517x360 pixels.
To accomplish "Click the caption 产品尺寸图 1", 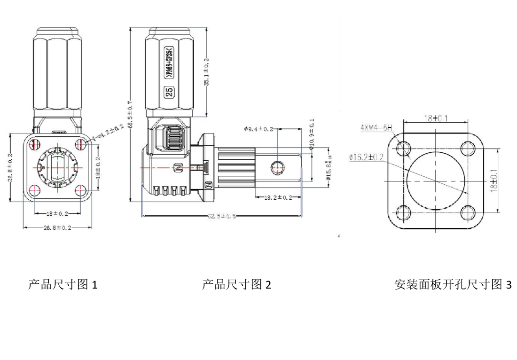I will [x=63, y=285].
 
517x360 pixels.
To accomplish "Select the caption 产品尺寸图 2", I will [x=236, y=285].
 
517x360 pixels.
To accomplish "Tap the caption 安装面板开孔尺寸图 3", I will [x=453, y=285].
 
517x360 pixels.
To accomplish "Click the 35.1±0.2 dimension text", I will [x=207, y=70].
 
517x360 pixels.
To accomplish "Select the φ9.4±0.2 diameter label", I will [x=258, y=129].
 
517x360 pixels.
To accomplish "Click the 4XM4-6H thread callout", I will [x=376, y=127].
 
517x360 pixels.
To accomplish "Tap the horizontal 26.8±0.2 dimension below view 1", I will [x=57, y=227].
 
